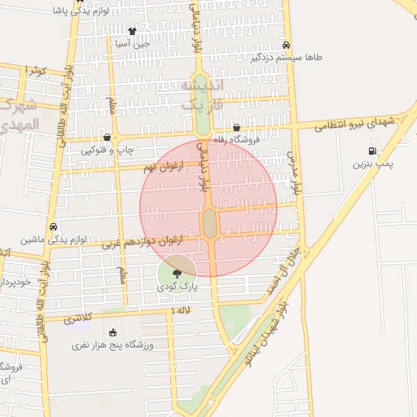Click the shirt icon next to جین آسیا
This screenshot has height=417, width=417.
click(x=131, y=32)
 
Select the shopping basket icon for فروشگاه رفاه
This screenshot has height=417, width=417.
click(x=236, y=127)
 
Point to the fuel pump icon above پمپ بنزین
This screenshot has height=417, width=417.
click(x=372, y=151)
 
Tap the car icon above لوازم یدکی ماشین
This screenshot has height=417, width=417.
click(x=53, y=226)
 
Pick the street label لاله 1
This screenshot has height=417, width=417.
click(x=181, y=310)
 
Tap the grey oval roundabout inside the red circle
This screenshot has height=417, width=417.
click(x=209, y=222)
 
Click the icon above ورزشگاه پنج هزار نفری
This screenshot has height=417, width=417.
click(x=112, y=332)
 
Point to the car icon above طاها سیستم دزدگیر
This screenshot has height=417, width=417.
click(x=286, y=45)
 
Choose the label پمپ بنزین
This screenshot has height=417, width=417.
click(x=372, y=165)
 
